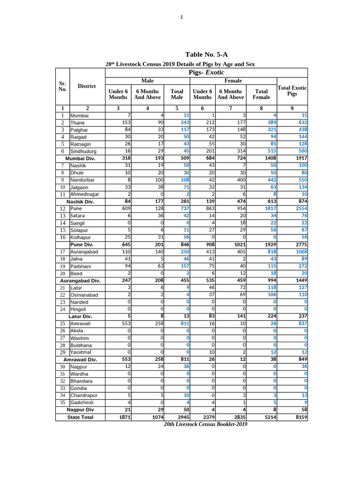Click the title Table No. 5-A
coord(206,55)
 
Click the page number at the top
coord(181,17)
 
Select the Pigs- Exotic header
coord(206,72)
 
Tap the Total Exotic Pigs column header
coord(292,91)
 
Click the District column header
coord(87,86)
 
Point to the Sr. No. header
coord(62,86)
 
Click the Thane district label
coord(77,122)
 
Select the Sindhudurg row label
coord(83,151)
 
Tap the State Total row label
coord(80,417)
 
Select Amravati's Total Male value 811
coord(183,323)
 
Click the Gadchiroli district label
coord(82,403)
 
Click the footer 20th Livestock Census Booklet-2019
coord(205,424)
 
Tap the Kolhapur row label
coord(80,238)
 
